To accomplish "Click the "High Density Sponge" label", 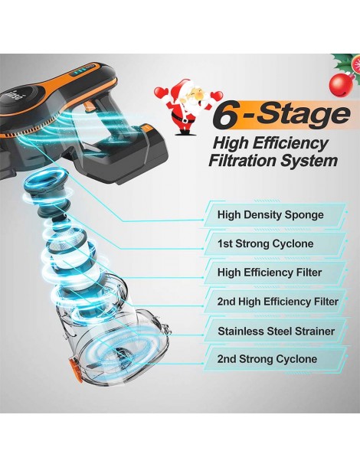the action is (x=270, y=214).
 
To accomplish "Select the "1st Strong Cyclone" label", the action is (x=265, y=243).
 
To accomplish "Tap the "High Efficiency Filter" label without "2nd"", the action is (x=270, y=273).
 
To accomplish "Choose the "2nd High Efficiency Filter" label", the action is (x=278, y=302).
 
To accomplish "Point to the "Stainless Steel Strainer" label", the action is (x=277, y=331).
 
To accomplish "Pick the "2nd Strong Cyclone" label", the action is (x=267, y=359).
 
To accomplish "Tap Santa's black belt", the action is (x=182, y=119).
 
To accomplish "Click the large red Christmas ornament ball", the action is (x=342, y=85).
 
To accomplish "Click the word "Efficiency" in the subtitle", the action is (x=290, y=144).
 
